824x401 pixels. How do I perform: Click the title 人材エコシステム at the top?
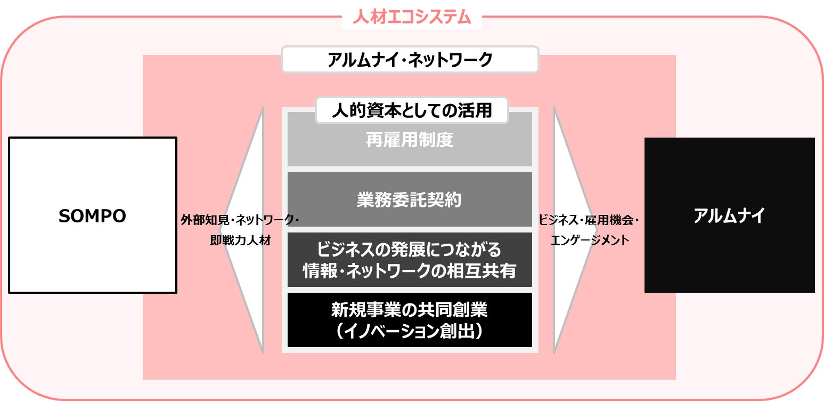click(412, 17)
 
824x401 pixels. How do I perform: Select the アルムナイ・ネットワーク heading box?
click(410, 60)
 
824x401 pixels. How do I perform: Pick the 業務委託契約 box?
click(410, 199)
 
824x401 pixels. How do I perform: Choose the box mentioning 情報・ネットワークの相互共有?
click(410, 260)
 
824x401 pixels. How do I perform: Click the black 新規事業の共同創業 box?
click(410, 319)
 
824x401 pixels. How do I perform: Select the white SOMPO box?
click(92, 215)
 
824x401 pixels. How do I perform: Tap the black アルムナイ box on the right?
click(729, 215)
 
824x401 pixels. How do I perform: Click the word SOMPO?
click(92, 216)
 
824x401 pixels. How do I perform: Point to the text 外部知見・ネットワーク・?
click(240, 220)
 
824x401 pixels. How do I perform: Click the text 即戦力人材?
click(240, 240)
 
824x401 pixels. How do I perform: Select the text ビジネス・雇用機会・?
click(588, 220)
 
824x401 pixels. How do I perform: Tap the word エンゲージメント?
click(589, 240)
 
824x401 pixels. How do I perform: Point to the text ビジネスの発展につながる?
click(410, 249)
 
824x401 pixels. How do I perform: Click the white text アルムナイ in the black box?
click(729, 216)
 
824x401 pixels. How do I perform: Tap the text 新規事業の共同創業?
click(410, 309)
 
